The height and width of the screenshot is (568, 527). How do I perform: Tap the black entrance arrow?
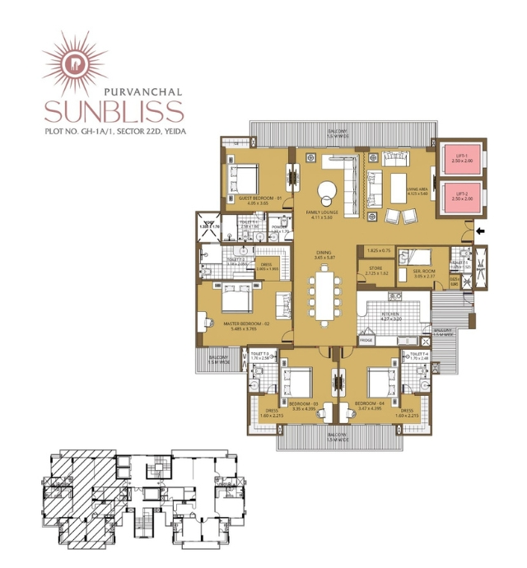pyautogui.click(x=481, y=233)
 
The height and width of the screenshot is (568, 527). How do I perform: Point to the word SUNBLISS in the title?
pyautogui.click(x=114, y=111)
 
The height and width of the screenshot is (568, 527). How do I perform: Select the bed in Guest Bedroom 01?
pyautogui.click(x=245, y=175)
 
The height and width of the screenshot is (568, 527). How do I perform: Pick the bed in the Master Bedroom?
pyautogui.click(x=234, y=300)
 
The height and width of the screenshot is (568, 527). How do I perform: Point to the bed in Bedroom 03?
pyautogui.click(x=295, y=382)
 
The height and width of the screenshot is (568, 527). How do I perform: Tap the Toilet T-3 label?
pyautogui.click(x=259, y=356)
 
